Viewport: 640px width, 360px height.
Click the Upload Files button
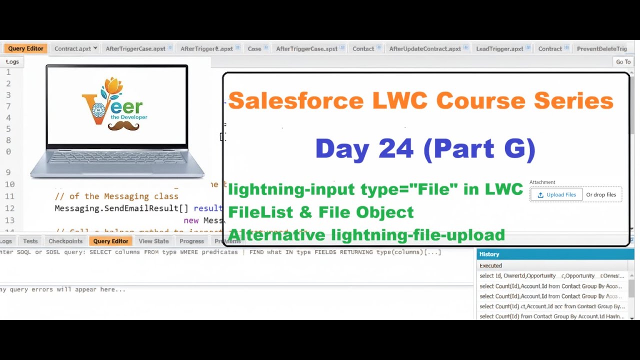(556, 195)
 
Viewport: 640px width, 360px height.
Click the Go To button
(623, 62)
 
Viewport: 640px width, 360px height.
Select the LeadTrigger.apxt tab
(499, 48)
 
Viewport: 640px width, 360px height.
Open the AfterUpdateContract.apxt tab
(425, 48)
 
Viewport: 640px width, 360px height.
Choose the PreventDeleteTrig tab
(601, 48)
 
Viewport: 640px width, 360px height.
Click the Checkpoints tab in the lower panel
(65, 241)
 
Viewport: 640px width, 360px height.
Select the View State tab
(153, 241)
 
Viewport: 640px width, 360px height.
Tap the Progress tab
(191, 241)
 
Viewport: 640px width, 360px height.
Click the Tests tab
(30, 241)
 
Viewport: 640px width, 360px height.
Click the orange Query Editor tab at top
(25, 48)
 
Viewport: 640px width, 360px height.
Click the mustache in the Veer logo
(123, 126)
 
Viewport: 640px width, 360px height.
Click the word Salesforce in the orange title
(295, 101)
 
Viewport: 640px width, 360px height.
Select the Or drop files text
(601, 195)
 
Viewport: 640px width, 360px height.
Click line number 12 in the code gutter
(10, 208)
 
